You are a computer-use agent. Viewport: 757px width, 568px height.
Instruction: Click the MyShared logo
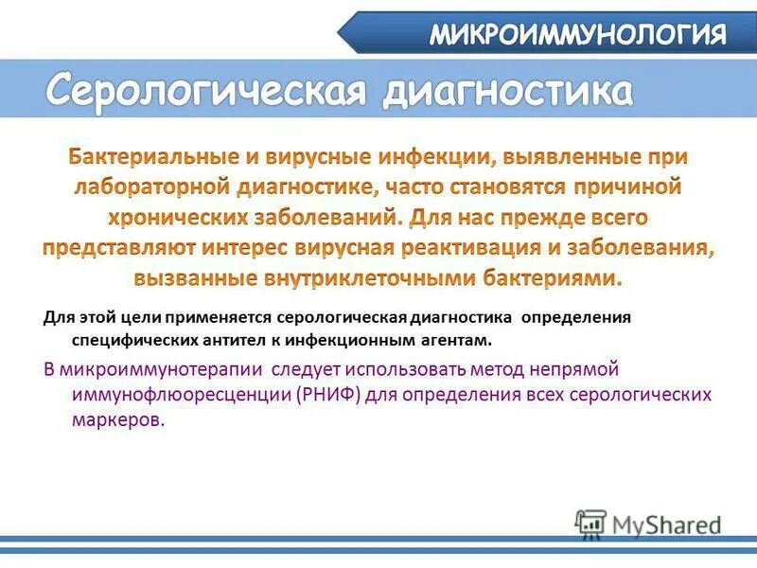click(649, 522)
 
